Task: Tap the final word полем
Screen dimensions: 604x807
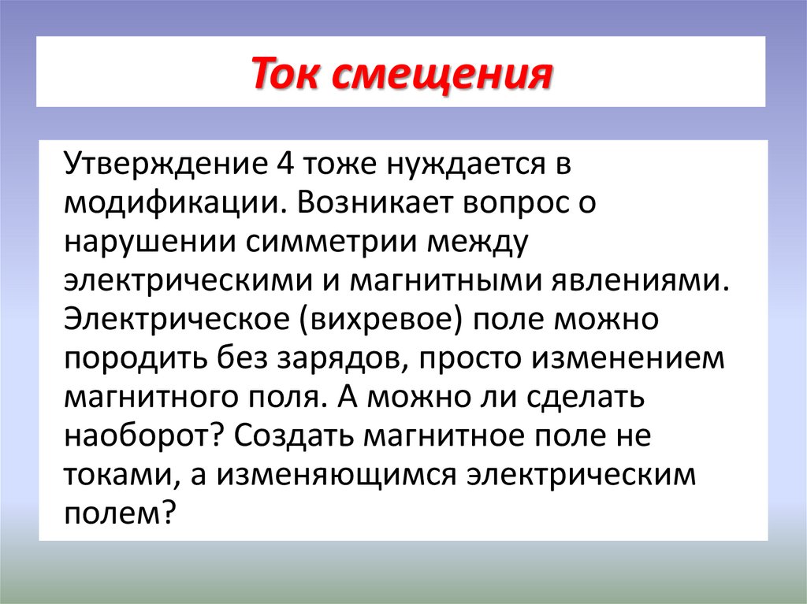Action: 118,514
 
